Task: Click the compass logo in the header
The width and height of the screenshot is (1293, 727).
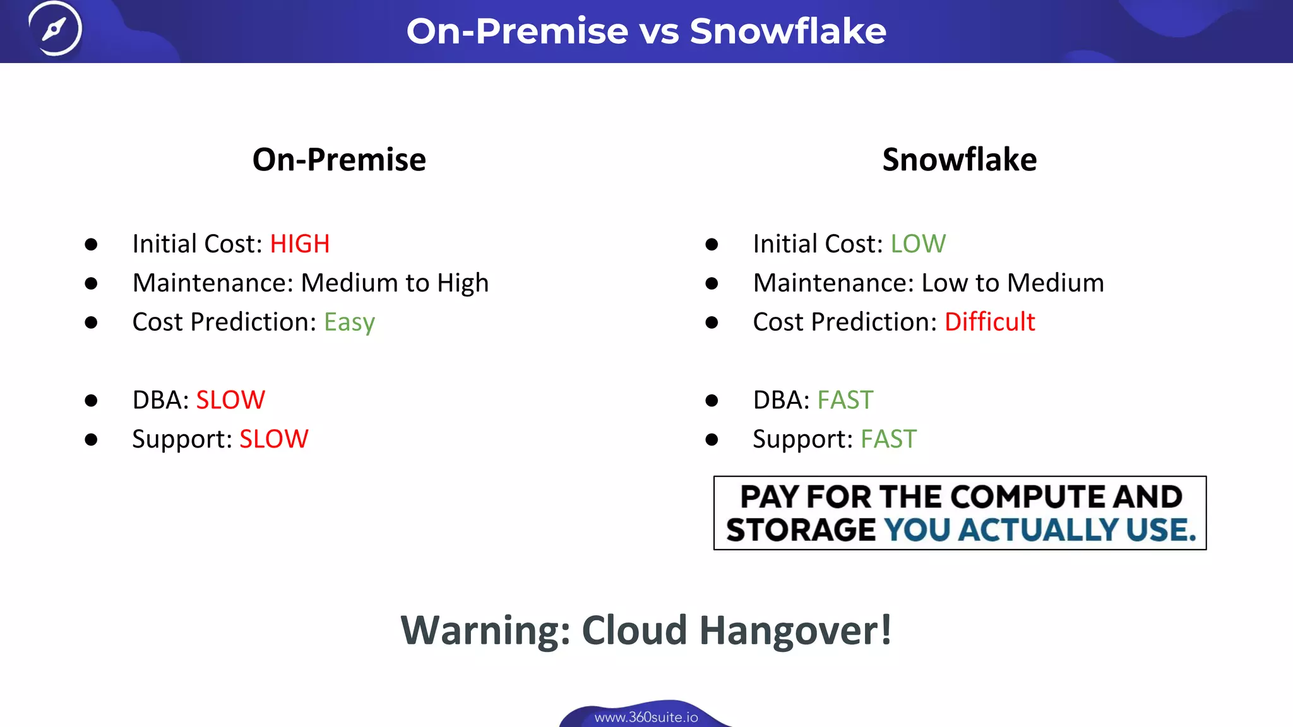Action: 55,29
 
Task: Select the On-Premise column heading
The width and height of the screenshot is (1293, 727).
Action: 339,160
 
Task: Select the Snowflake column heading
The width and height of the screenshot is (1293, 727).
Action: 959,160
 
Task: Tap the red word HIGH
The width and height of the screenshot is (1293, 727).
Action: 300,244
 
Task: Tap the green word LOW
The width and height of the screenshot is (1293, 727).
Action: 918,244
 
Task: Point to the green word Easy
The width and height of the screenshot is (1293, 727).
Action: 349,322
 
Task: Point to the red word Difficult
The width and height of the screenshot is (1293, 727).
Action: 989,322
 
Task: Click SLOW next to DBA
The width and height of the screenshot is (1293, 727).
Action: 230,400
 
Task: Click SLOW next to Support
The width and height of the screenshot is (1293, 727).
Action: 274,439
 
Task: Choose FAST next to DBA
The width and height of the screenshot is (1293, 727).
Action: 845,400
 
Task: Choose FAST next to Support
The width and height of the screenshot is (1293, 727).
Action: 888,439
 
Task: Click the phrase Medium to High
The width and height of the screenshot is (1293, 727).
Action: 395,283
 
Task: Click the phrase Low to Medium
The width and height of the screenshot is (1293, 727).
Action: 1013,283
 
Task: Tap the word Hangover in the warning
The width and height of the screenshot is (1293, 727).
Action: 795,630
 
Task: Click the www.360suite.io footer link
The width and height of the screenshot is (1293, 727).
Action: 646,718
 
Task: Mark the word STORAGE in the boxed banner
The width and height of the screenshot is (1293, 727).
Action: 801,530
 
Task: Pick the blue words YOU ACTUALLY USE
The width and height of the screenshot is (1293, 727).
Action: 1040,530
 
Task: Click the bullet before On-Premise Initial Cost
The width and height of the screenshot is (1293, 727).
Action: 91,244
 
